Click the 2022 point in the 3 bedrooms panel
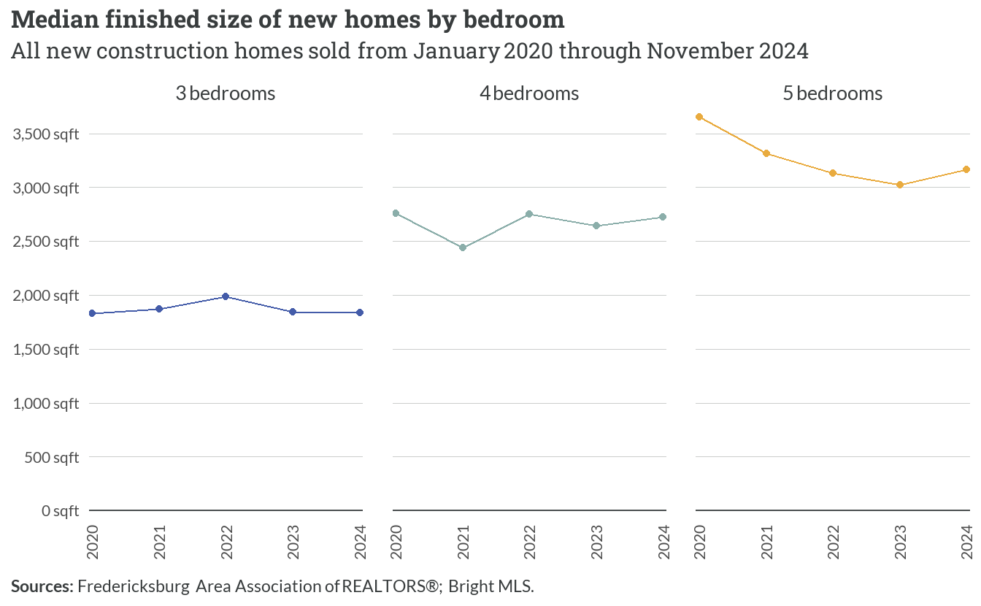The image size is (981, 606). pos(226,296)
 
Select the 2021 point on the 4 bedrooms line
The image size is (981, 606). pos(463,248)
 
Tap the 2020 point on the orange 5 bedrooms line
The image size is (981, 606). pos(699,117)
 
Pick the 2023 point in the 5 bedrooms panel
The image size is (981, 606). pos(900,185)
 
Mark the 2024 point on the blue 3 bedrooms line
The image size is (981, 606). pos(360,312)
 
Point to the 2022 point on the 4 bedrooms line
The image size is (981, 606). pos(529,214)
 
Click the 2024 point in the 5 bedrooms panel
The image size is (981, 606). pos(966,169)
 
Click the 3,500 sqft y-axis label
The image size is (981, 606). pos(46,134)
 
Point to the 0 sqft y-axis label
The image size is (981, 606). pos(60,511)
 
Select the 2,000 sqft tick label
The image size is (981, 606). pos(46,296)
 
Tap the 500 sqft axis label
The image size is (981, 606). pos(52,458)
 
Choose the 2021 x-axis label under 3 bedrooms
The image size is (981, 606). pos(159,542)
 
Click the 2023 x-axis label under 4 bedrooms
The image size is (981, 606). pos(596,542)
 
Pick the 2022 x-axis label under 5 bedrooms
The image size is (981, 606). pos(833,542)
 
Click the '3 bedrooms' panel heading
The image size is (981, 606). pos(226,93)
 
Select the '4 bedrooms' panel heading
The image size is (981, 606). pos(529,93)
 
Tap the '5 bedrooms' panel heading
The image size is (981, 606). pos(833,93)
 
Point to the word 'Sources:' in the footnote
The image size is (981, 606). pos(42,586)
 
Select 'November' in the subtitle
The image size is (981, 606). pos(699,51)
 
